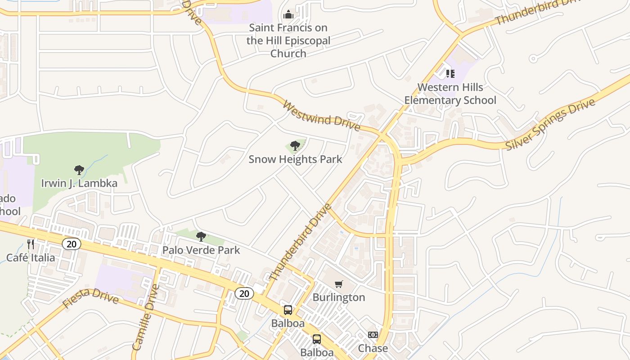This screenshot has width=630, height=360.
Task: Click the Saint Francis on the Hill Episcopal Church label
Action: [x=288, y=40]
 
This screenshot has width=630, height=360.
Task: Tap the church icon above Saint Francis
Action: [x=288, y=15]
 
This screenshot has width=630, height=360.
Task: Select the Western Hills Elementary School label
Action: [x=450, y=94]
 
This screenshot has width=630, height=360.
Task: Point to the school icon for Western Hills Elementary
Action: [x=450, y=73]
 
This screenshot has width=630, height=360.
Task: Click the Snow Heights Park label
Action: [x=295, y=159]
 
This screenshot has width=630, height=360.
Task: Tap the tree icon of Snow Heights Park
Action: [x=295, y=146]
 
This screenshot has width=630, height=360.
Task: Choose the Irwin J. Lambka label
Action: [x=79, y=183]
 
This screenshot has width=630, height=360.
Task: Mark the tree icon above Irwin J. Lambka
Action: [x=79, y=170]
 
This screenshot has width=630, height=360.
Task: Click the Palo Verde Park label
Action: [x=201, y=250]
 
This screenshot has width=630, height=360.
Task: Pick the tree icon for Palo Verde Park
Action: [x=201, y=236]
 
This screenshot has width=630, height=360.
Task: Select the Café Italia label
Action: [x=31, y=258]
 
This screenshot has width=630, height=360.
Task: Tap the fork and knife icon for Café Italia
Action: [x=31, y=244]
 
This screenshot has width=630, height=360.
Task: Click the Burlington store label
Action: [x=339, y=297]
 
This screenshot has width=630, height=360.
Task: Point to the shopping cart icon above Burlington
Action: [x=339, y=284]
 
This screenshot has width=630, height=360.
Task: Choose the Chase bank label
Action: [x=373, y=348]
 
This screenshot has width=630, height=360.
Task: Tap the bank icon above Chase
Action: [x=373, y=335]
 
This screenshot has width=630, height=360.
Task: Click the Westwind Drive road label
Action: [x=321, y=115]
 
